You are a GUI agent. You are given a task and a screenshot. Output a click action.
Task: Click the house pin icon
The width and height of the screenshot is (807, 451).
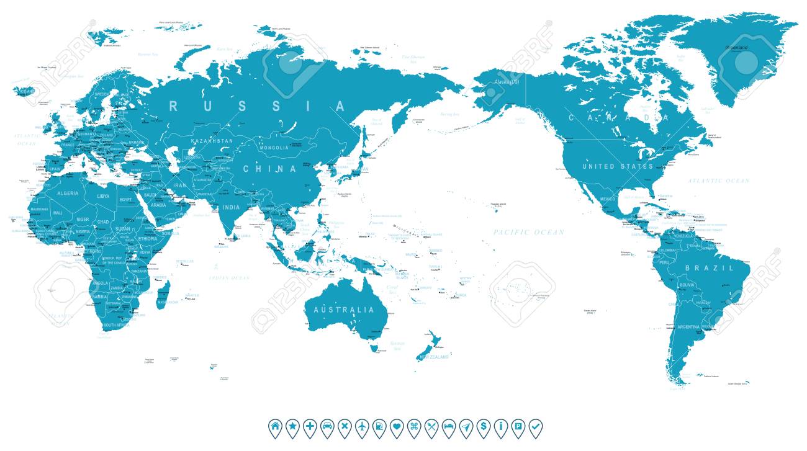click(x=274, y=426)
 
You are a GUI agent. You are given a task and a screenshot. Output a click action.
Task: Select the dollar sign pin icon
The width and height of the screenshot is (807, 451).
click(x=483, y=426)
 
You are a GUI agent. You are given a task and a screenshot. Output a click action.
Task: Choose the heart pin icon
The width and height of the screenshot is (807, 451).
click(x=397, y=426)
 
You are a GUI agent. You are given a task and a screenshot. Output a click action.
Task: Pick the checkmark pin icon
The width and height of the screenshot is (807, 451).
click(x=535, y=426)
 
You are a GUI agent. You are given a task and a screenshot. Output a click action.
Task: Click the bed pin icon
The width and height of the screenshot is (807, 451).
click(x=449, y=426)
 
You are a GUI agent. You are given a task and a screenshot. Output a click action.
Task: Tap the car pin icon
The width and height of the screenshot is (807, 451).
click(x=327, y=426)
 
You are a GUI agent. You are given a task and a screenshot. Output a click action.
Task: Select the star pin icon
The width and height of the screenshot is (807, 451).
click(x=292, y=426)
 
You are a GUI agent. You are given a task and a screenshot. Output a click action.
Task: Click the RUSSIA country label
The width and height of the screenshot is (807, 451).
click(x=256, y=106)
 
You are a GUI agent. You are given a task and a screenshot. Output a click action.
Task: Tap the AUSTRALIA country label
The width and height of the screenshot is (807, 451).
click(x=344, y=310)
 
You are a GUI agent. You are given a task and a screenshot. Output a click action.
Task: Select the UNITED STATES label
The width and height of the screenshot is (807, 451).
click(x=618, y=166)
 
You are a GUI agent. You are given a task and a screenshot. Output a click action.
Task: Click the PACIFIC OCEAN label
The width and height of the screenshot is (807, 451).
click(x=529, y=232)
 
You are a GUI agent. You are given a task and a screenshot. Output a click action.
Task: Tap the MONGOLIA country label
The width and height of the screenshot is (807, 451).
click(x=274, y=148)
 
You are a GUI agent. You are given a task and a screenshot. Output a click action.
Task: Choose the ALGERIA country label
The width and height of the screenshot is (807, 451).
click(x=68, y=193)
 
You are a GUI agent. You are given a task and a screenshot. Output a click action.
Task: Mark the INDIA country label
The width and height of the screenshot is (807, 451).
click(x=232, y=207)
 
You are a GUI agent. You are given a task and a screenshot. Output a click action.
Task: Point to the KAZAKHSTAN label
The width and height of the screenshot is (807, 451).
click(x=212, y=141)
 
